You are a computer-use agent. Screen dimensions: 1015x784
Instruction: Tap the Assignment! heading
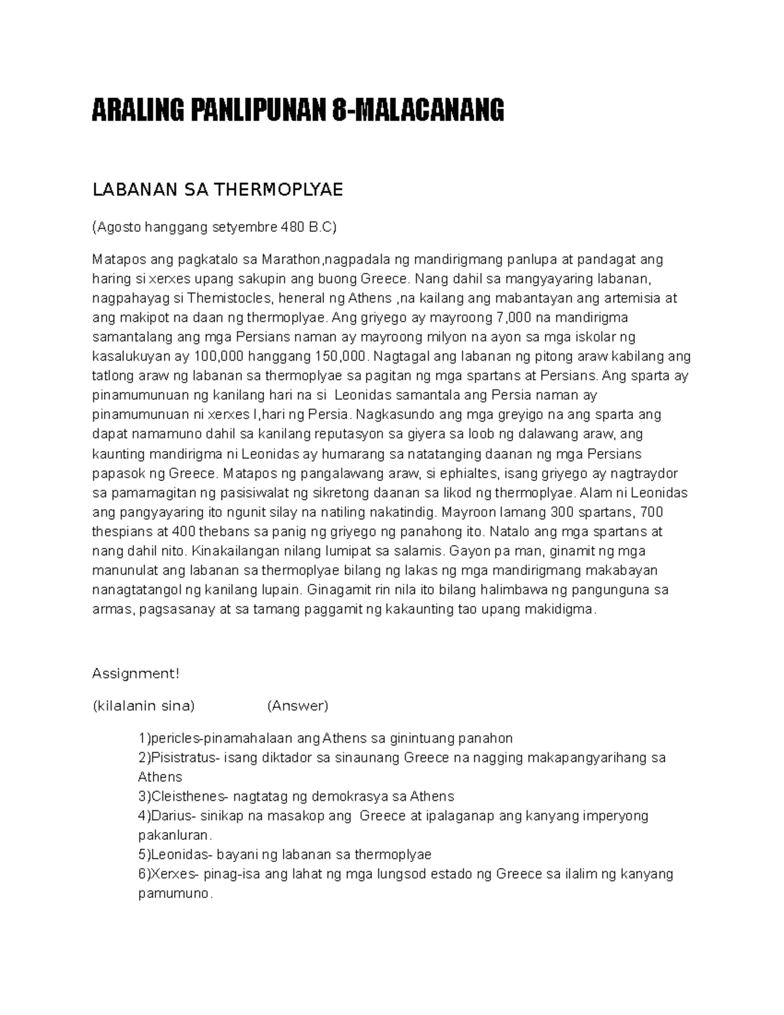pyautogui.click(x=135, y=674)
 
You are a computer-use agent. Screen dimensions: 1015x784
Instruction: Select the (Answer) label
pyautogui.click(x=297, y=706)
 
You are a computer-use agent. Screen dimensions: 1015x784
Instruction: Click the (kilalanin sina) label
pyautogui.click(x=144, y=706)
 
